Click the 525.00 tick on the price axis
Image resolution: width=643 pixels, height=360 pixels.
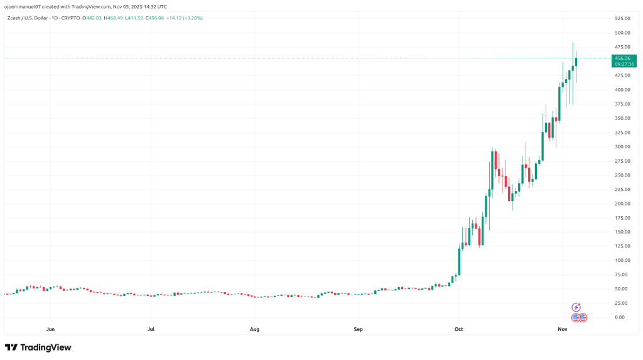(623, 18)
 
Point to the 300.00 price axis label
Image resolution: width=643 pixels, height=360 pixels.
(623, 146)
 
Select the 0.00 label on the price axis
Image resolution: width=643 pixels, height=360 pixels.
(620, 317)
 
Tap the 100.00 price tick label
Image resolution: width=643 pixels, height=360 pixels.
(623, 260)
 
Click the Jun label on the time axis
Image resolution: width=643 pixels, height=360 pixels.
(51, 329)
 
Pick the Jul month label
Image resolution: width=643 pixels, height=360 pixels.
(151, 329)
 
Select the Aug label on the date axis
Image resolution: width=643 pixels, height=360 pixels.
(254, 329)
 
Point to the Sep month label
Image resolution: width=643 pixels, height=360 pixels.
(358, 329)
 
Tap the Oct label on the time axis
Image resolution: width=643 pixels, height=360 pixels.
(458, 329)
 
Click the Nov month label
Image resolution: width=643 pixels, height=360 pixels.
(563, 329)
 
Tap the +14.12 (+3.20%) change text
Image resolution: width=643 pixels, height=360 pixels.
(184, 18)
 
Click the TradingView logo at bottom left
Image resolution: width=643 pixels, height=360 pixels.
(38, 347)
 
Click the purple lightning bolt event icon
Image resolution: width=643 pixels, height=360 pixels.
(576, 307)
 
